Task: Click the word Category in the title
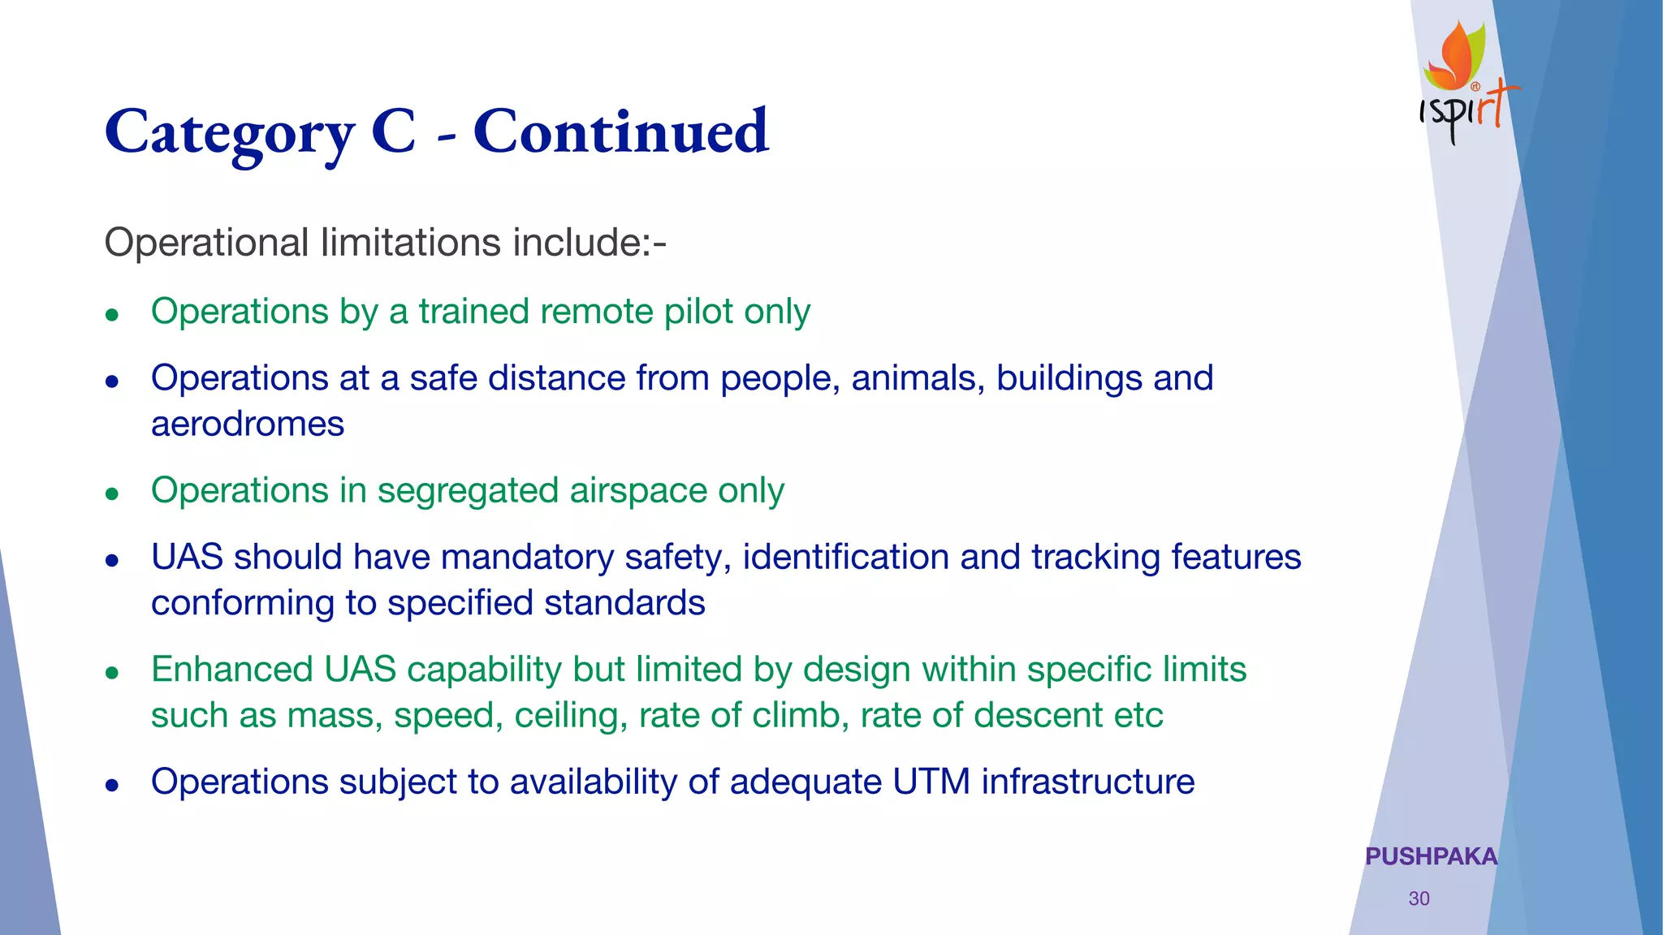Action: [x=230, y=132]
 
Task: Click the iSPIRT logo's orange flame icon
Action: [x=1456, y=57]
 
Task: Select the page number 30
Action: [x=1419, y=898]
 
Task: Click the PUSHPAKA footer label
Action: [x=1431, y=856]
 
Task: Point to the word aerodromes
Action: [x=248, y=424]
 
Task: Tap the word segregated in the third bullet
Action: [x=468, y=491]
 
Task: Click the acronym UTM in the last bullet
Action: [x=931, y=782]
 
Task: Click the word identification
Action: [x=845, y=558]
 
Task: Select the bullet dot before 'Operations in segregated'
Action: [x=113, y=493]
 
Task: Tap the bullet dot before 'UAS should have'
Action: [x=113, y=560]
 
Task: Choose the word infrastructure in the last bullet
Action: [x=1087, y=782]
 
